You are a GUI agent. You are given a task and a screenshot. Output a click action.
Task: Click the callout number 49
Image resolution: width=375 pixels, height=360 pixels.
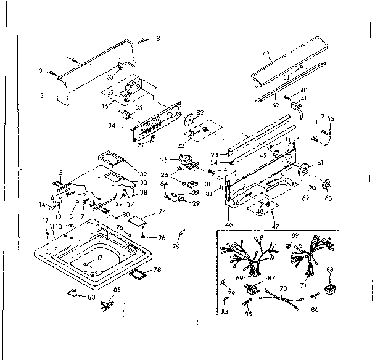point(266,54)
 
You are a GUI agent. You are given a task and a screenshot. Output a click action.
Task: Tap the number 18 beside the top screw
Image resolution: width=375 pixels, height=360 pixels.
point(156,39)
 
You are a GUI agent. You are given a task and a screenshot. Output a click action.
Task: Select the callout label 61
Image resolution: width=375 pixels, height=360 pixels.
point(320,163)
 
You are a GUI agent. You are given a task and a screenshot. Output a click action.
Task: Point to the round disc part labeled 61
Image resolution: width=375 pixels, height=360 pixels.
point(304,170)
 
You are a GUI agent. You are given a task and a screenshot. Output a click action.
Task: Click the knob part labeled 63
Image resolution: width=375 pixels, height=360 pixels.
point(328,183)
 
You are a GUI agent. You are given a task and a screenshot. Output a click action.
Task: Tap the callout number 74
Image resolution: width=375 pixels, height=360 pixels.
point(163,211)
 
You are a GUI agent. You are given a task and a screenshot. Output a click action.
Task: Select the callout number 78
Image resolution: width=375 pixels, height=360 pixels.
point(157,269)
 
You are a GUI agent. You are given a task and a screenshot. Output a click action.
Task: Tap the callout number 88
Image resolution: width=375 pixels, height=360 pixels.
point(329,269)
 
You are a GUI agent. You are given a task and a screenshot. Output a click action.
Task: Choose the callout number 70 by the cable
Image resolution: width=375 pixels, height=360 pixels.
point(283,287)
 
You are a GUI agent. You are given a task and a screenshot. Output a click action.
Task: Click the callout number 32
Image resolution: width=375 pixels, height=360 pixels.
point(144,174)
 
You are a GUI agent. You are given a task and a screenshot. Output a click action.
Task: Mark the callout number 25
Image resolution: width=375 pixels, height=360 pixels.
point(163,160)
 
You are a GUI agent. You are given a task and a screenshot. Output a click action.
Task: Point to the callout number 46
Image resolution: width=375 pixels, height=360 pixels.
point(229,224)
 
